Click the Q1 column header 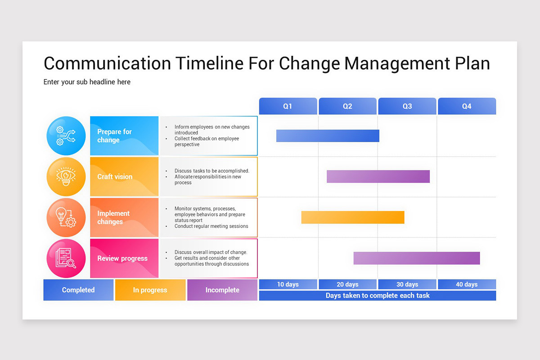click(x=288, y=106)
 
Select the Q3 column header click(x=407, y=106)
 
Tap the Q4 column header click(x=467, y=106)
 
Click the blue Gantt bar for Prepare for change click(x=328, y=136)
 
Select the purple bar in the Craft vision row click(x=378, y=176)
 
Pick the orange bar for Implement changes click(x=353, y=217)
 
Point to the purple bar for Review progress click(x=416, y=258)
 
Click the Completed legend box click(x=78, y=290)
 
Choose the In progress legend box click(x=150, y=290)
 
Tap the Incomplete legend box click(x=222, y=290)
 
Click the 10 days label click(x=288, y=284)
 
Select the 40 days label click(x=467, y=284)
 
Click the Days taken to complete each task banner click(x=377, y=296)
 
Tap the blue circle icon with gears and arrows click(x=66, y=136)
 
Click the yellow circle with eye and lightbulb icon click(x=66, y=176)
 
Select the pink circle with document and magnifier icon click(x=66, y=258)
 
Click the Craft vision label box click(x=124, y=176)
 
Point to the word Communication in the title click(x=107, y=63)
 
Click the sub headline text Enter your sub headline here click(x=87, y=82)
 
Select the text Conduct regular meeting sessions click(x=211, y=226)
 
